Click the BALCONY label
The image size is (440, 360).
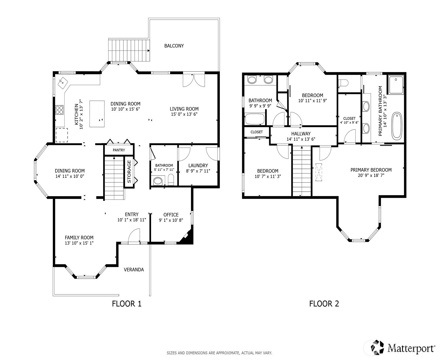tap(174, 46)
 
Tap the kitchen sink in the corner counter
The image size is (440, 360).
tap(62, 82)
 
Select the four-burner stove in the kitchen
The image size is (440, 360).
tap(60, 110)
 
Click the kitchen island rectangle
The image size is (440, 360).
tap(97, 114)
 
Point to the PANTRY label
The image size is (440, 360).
tap(119, 150)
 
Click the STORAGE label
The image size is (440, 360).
tap(129, 171)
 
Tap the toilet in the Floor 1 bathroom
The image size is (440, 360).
tap(171, 180)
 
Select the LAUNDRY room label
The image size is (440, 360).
tap(198, 165)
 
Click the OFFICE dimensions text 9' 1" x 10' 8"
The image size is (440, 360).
tap(171, 220)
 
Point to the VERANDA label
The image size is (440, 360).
tap(134, 270)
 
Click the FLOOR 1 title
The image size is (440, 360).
tap(127, 304)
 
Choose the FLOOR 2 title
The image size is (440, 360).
tap(324, 304)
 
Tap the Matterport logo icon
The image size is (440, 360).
tap(377, 347)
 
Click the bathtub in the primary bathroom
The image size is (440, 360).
tap(397, 126)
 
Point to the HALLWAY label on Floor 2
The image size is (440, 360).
tap(301, 134)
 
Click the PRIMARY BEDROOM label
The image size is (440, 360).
tap(371, 170)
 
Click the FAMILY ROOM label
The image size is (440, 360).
tap(79, 238)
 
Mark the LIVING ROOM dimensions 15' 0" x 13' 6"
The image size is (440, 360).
tap(184, 114)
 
